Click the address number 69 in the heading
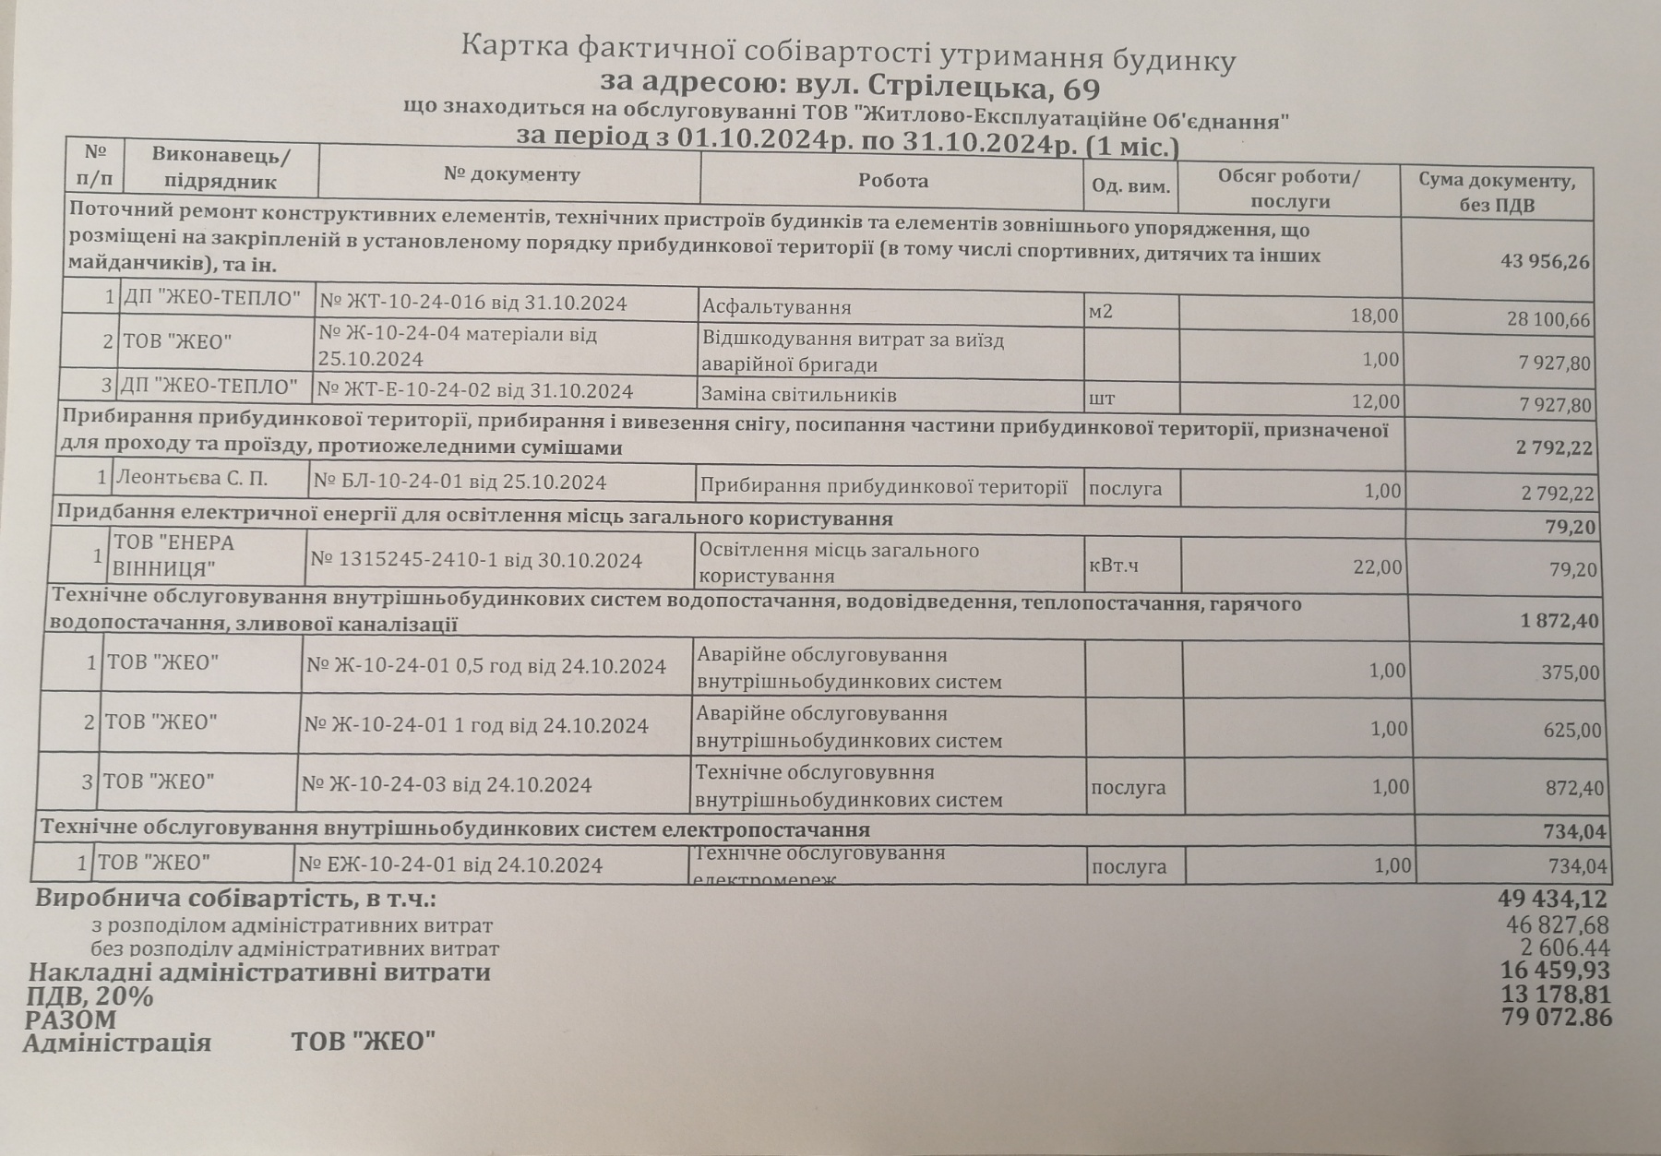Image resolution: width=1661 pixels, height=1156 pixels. click(1081, 89)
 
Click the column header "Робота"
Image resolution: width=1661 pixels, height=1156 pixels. click(892, 181)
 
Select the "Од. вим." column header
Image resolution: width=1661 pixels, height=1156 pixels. click(1130, 186)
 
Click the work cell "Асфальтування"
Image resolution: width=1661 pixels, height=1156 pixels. click(776, 307)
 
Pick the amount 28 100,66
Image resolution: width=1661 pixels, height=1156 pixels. click(1547, 320)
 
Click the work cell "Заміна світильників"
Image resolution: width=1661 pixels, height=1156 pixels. click(798, 395)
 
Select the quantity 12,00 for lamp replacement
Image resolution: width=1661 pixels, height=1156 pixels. click(1374, 401)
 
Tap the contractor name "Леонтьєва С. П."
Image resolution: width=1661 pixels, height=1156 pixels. click(191, 478)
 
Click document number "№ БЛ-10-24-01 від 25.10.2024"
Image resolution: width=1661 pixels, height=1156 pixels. click(460, 482)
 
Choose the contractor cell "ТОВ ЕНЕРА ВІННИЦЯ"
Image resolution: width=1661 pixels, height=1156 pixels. click(173, 554)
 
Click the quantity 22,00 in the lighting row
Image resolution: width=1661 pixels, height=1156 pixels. click(1377, 566)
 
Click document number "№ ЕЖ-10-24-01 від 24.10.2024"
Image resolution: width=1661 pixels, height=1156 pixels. click(451, 865)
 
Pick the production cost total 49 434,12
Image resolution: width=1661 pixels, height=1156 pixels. click(1552, 899)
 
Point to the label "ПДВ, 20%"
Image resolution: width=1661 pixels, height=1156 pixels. click(89, 996)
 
